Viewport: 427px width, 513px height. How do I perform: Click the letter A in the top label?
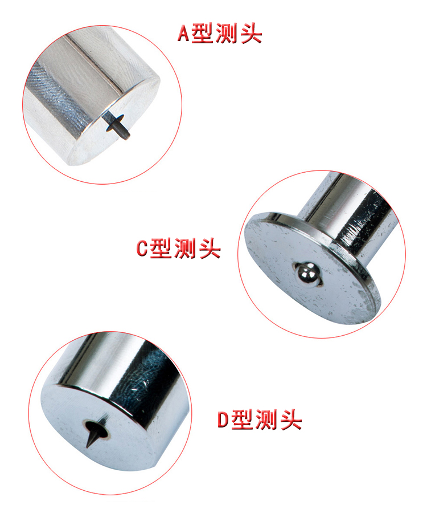point(183,34)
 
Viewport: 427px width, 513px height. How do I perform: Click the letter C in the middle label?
point(142,248)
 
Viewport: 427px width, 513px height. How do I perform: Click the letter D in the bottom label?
point(224,420)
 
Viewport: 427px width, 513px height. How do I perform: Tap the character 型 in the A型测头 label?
point(203,34)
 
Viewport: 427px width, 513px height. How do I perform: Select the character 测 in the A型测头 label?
point(227,34)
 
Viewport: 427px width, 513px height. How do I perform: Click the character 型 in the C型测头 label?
point(162,248)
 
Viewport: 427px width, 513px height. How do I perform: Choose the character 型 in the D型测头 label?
point(243,420)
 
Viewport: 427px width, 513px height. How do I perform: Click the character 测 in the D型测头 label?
point(267,420)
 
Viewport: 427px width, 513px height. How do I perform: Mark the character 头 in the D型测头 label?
point(291,420)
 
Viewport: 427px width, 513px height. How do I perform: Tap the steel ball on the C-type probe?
point(308,274)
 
